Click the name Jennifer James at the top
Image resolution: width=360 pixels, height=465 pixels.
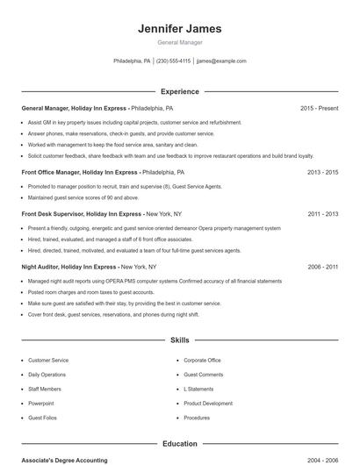pyautogui.click(x=179, y=29)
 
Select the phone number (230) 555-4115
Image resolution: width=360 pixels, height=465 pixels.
pyautogui.click(x=173, y=61)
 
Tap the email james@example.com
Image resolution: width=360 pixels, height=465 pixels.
pyautogui.click(x=221, y=61)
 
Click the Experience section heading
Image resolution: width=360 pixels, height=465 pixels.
pyautogui.click(x=179, y=91)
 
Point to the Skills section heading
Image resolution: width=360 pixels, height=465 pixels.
pyautogui.click(x=179, y=340)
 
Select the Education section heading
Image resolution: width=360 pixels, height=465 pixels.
pyautogui.click(x=179, y=445)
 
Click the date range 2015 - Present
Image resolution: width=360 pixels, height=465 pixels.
pyautogui.click(x=319, y=108)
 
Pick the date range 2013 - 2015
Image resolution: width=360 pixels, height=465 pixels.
pyautogui.click(x=322, y=172)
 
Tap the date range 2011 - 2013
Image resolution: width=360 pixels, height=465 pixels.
pyautogui.click(x=322, y=213)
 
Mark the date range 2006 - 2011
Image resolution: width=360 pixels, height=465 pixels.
pyautogui.click(x=322, y=266)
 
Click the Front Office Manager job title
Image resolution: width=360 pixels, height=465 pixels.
pyautogui.click(x=55, y=172)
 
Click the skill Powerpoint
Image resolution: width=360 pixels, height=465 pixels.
pyautogui.click(x=41, y=404)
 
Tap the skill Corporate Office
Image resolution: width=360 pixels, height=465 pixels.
pyautogui.click(x=202, y=360)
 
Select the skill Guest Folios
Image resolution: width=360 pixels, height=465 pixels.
pyautogui.click(x=43, y=418)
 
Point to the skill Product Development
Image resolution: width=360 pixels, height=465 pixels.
pyautogui.click(x=208, y=404)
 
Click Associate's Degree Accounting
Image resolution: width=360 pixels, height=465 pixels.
pyautogui.click(x=64, y=460)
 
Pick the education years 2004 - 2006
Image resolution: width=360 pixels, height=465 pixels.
pyautogui.click(x=322, y=460)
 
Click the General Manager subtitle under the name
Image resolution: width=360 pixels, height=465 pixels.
pyautogui.click(x=179, y=42)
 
